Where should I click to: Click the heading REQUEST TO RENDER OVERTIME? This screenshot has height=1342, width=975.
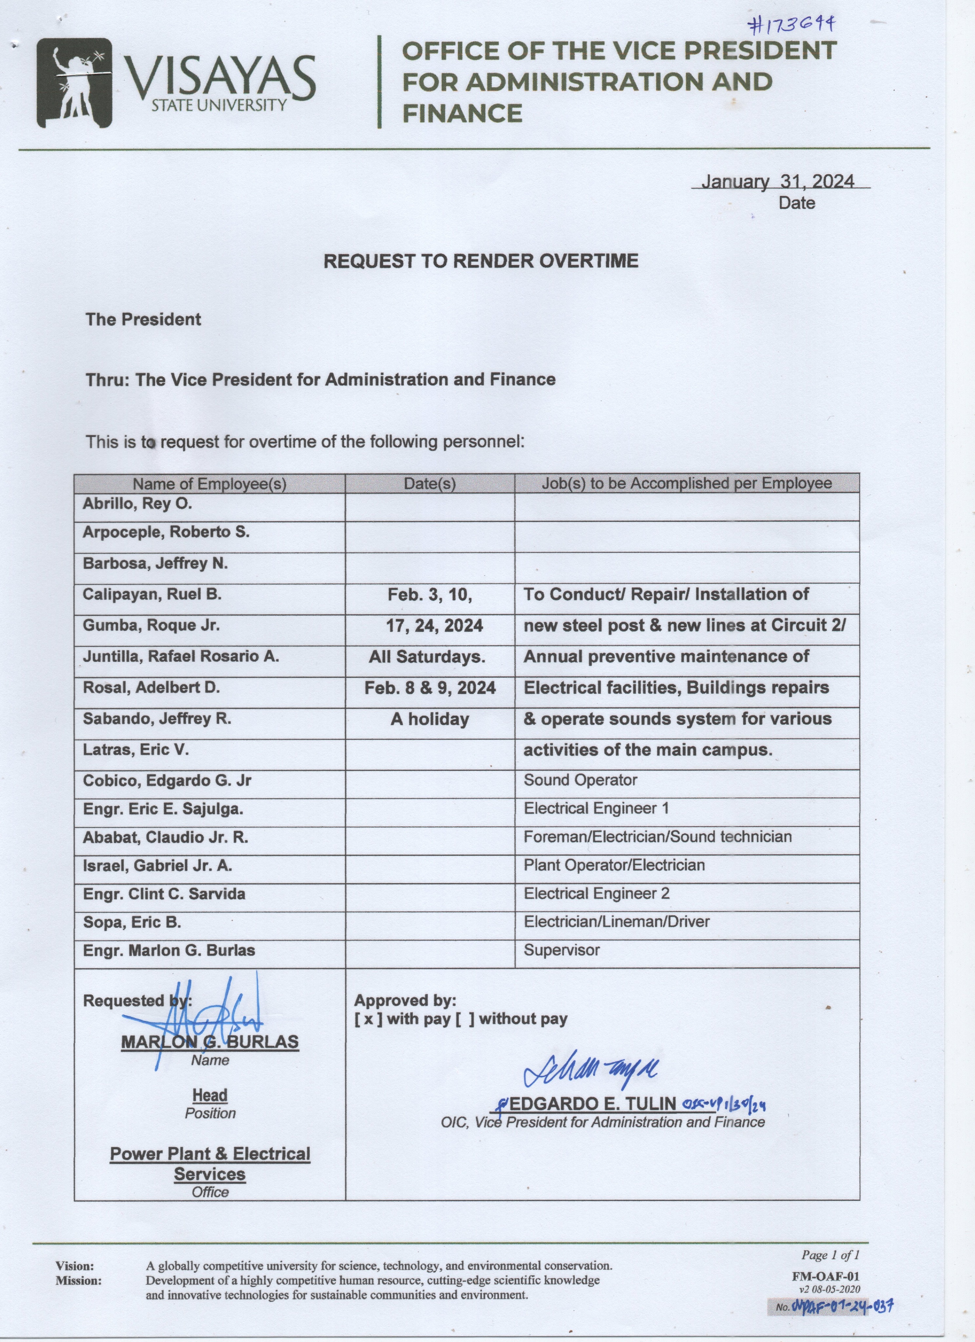(480, 261)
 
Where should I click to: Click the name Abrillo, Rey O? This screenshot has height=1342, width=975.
(137, 504)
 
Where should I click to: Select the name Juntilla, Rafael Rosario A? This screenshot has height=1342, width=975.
(181, 656)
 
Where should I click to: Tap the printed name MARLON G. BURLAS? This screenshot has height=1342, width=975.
(210, 1042)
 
